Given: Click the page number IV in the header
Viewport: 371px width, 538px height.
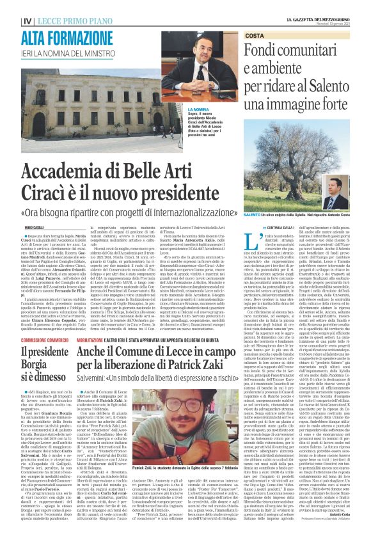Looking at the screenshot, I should click(x=27, y=21).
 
